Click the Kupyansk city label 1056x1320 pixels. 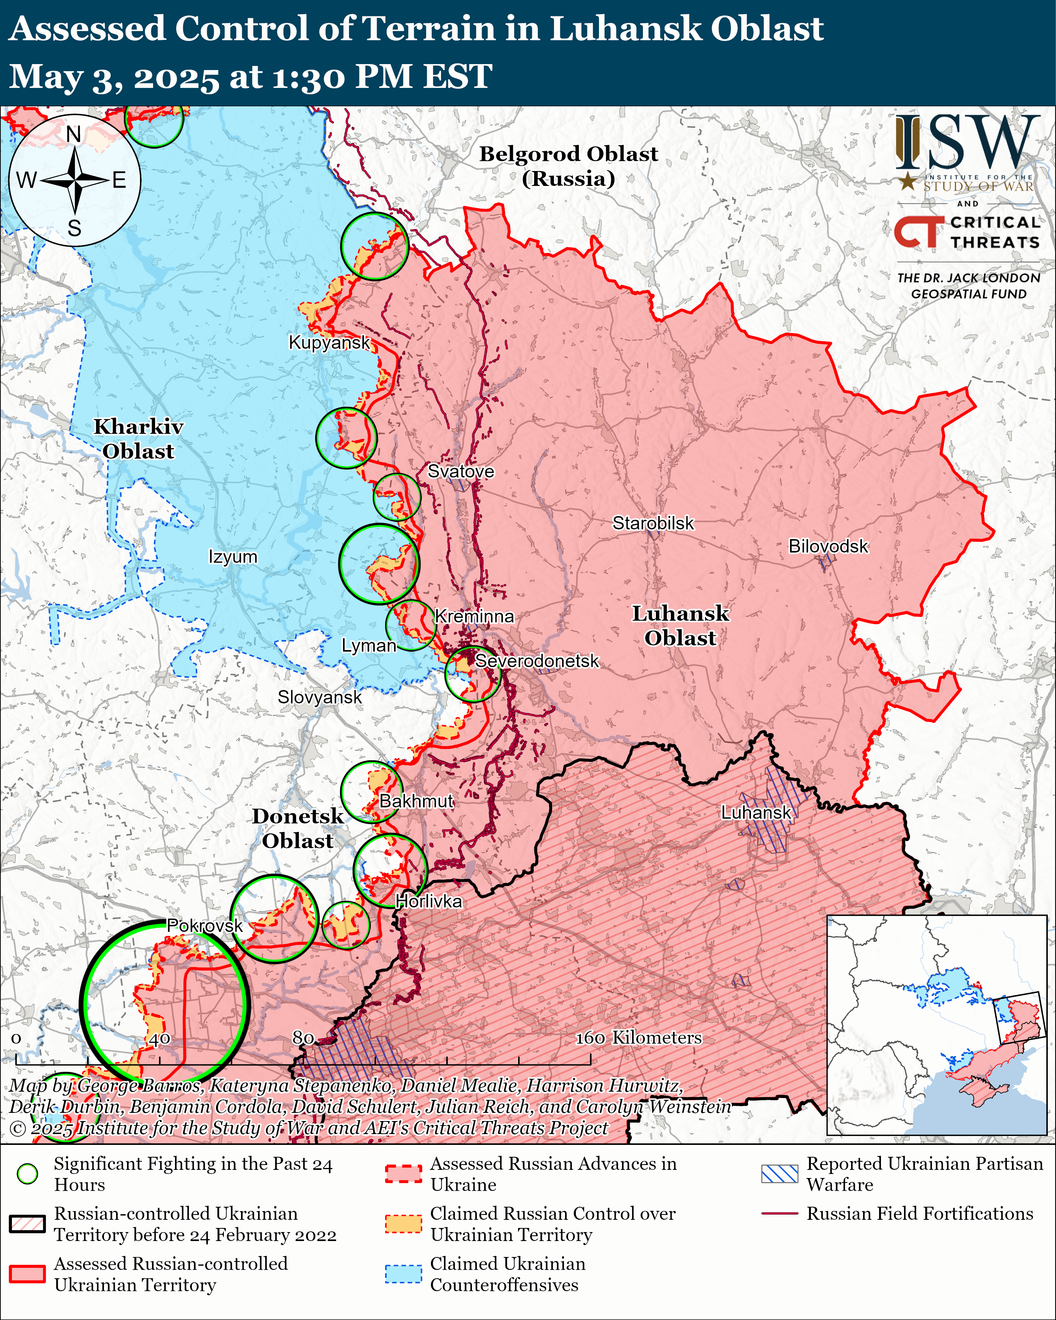[329, 342]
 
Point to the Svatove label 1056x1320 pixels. [460, 471]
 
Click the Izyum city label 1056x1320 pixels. [233, 557]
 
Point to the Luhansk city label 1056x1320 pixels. [756, 813]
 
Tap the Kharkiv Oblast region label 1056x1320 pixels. [138, 439]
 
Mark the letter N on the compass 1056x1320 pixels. [73, 134]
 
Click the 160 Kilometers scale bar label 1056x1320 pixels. [638, 1037]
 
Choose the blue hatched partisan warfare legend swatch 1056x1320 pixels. [780, 1174]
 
